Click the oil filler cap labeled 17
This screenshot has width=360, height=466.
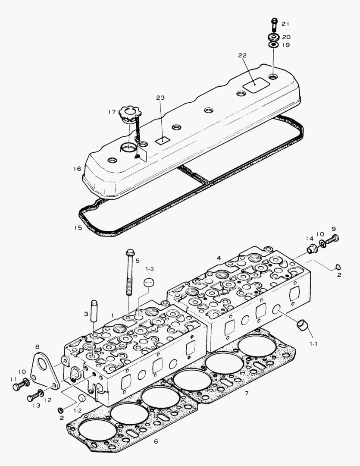(x=128, y=113)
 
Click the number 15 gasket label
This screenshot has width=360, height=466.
(x=78, y=227)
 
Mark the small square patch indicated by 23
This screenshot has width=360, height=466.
(x=162, y=140)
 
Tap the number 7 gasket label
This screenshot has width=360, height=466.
(x=246, y=393)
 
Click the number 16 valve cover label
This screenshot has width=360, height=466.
(x=77, y=169)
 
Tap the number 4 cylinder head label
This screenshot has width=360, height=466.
(x=219, y=258)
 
